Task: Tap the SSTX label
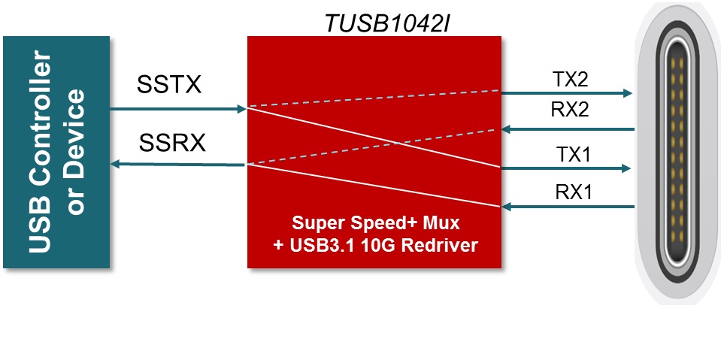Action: coord(169,84)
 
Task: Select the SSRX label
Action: coord(171,143)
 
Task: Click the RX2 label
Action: coord(569,110)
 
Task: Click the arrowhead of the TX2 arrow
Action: coord(626,93)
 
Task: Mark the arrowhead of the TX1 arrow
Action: coord(626,168)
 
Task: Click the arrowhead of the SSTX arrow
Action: coord(242,109)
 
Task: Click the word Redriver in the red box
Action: coord(443,245)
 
